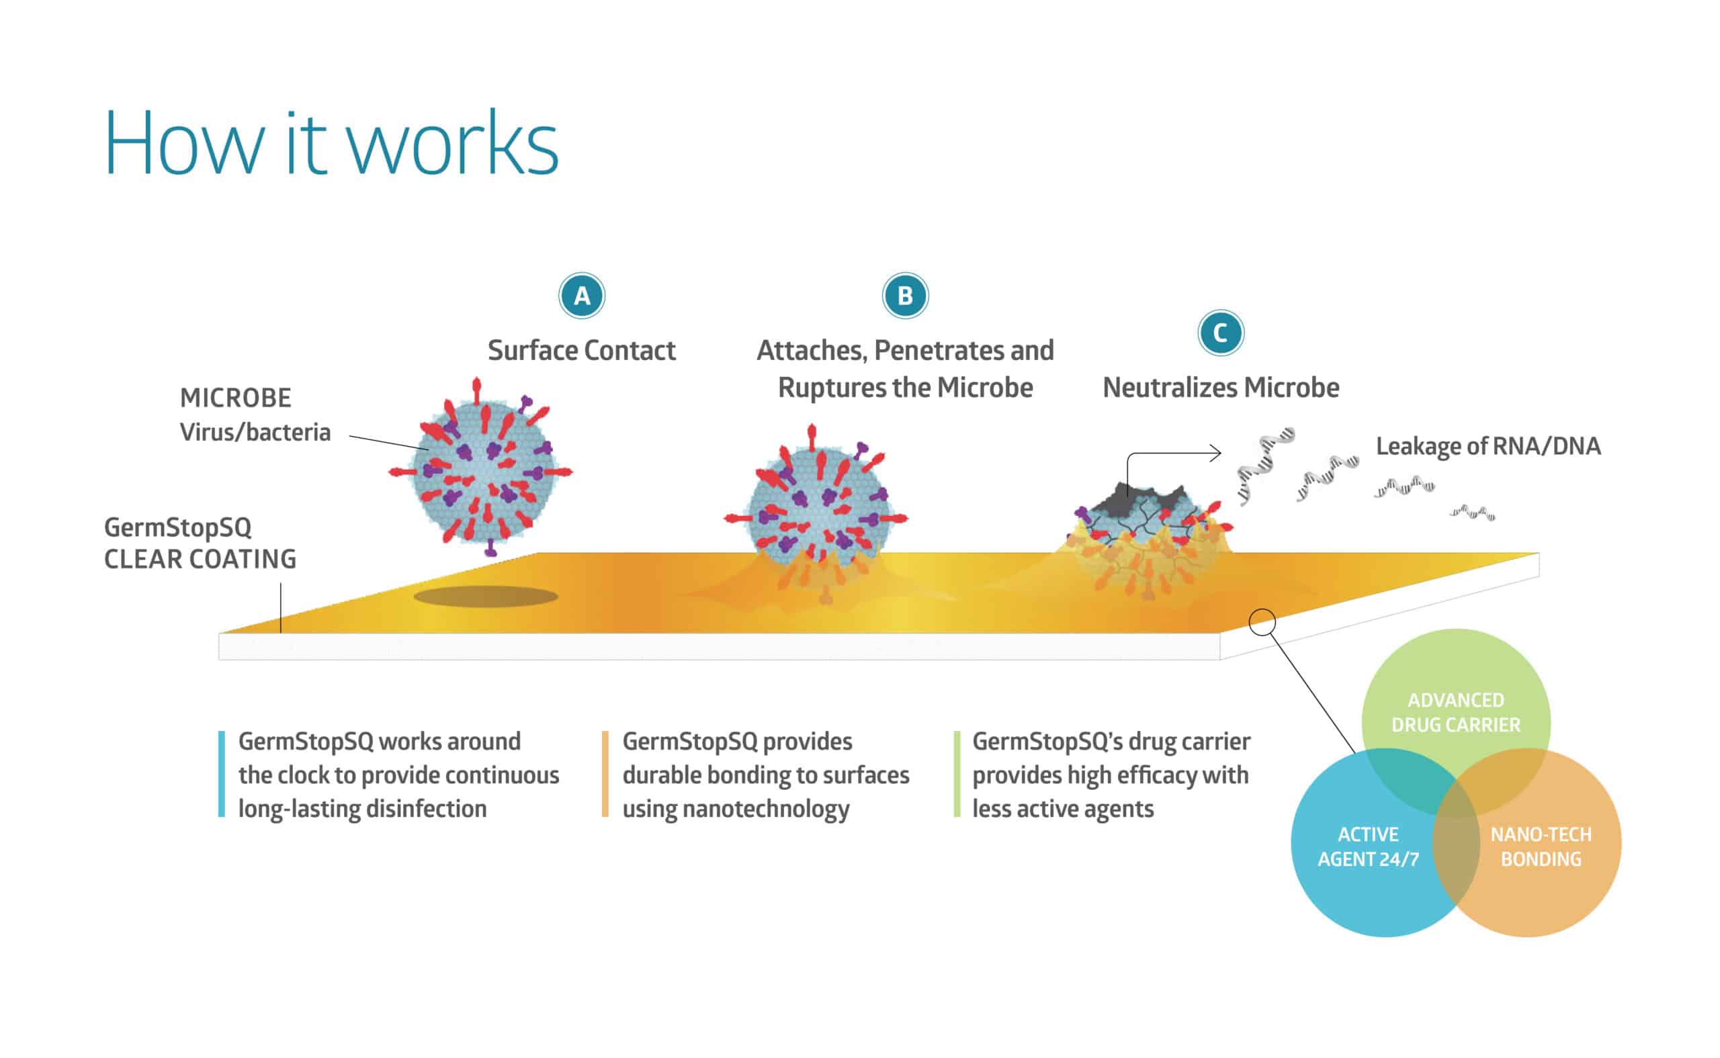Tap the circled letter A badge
(581, 296)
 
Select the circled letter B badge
(905, 296)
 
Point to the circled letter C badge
(1220, 333)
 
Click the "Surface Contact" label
(581, 351)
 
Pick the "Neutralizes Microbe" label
(1221, 388)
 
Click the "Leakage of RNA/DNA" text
(1488, 446)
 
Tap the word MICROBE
(235, 398)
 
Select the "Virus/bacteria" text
(255, 433)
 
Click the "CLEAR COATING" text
(200, 559)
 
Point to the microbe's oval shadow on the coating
(486, 597)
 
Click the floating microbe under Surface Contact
(482, 469)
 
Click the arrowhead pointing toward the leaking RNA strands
(1215, 453)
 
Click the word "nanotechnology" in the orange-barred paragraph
(765, 809)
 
